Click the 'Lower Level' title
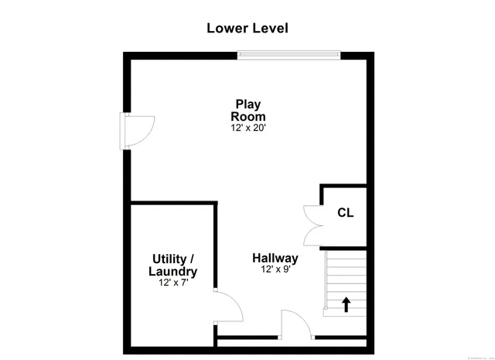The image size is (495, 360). point(247,29)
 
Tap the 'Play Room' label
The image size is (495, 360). point(248,110)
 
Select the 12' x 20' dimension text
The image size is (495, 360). point(248,128)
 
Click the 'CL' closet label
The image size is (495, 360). point(345,213)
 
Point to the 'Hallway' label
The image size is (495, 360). point(275,258)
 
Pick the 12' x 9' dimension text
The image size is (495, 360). point(275,270)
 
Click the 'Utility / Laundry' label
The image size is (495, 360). point(173,265)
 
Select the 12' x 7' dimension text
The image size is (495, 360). point(173,283)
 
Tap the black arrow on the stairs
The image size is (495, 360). point(345,303)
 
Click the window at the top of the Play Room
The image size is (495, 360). point(288,54)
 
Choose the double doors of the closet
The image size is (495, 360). point(312,222)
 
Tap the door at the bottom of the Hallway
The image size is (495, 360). point(297,325)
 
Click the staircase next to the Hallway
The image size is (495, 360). point(345,283)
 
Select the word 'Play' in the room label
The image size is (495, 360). point(248,104)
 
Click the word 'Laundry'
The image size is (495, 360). point(173,272)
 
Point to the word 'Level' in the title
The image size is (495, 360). point(271,29)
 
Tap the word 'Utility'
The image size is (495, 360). point(169,258)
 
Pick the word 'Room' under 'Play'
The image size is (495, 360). point(248,116)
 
